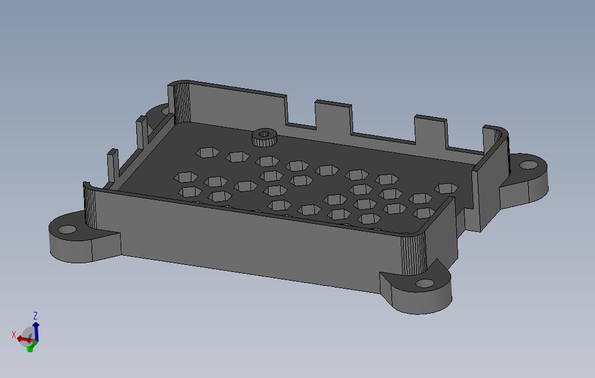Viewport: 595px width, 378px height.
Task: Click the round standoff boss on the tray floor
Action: tap(264, 137)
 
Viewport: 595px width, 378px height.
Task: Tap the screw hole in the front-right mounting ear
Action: tap(425, 283)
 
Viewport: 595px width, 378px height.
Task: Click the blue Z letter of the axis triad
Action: tap(35, 316)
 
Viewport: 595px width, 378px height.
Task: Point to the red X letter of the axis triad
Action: tap(14, 335)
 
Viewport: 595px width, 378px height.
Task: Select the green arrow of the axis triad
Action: tap(30, 348)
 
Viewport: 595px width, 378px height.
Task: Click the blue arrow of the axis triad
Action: tap(36, 331)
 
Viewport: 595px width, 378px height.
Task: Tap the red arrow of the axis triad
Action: tap(22, 339)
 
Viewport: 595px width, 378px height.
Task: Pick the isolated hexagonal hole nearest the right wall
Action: tap(446, 188)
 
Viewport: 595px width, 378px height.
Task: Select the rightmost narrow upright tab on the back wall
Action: tap(430, 130)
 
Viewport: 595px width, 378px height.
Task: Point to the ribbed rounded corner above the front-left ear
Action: tap(90, 206)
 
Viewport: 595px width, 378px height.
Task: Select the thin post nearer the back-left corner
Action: tap(141, 133)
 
